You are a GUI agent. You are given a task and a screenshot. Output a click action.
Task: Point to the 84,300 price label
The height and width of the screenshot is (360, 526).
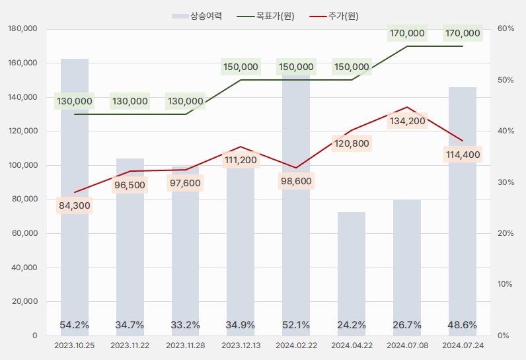click(75, 205)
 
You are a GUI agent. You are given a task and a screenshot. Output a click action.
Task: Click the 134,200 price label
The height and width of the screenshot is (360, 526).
click(407, 121)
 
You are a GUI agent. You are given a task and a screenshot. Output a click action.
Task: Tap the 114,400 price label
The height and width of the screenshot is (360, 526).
click(463, 155)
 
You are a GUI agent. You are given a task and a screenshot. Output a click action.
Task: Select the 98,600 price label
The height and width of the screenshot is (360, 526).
click(296, 181)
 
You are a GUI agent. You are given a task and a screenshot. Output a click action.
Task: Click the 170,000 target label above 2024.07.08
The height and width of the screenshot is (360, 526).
click(407, 33)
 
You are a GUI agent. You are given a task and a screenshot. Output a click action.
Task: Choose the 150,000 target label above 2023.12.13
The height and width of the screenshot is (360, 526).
click(241, 67)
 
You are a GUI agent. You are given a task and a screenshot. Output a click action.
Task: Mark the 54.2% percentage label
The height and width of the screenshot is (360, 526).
click(75, 324)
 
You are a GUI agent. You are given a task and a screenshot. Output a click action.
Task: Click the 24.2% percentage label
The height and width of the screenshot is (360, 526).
click(352, 324)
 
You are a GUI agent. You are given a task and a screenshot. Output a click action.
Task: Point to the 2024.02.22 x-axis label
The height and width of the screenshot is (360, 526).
click(296, 345)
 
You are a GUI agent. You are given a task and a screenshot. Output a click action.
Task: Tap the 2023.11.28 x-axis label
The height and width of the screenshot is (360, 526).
click(185, 345)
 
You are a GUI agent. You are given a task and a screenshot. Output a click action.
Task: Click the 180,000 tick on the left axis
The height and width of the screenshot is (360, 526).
click(23, 29)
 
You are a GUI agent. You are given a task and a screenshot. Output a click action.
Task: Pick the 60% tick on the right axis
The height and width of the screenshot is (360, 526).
click(506, 29)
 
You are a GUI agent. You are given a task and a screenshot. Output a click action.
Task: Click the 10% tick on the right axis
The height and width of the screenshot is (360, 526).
click(506, 284)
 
